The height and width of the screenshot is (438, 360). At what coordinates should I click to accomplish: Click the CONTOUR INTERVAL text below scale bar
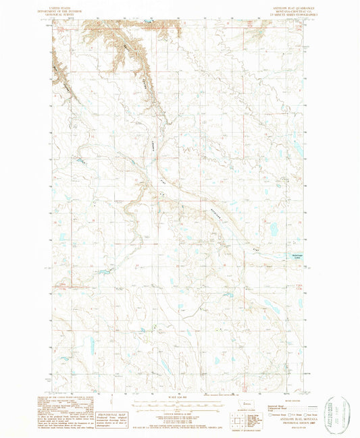tap(180, 413)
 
